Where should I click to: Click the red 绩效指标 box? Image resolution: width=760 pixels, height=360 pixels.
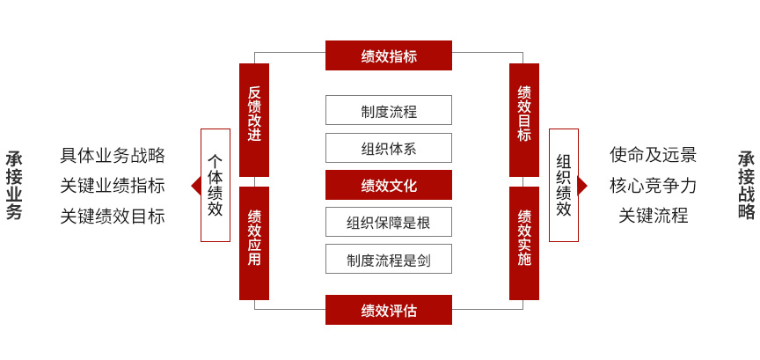(x=389, y=55)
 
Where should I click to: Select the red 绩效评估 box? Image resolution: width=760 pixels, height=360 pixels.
(x=389, y=310)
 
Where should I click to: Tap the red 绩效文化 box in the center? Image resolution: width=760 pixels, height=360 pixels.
(x=389, y=185)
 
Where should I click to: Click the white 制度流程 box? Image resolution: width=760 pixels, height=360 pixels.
(x=389, y=110)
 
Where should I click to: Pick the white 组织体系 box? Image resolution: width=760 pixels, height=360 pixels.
(x=389, y=148)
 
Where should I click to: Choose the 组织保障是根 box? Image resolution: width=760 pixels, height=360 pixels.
(x=389, y=222)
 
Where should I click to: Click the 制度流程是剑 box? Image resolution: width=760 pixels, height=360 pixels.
(x=389, y=259)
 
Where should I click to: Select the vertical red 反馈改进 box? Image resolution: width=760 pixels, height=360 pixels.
(x=254, y=120)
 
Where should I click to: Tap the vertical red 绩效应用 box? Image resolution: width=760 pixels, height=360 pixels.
(x=254, y=243)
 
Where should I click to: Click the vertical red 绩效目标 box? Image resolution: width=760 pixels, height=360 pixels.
(x=524, y=120)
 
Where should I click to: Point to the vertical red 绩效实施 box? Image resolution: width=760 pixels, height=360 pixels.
(x=524, y=243)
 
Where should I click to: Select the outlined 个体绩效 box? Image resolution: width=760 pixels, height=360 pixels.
(x=216, y=185)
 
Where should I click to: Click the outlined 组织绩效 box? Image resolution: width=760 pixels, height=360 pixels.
(x=564, y=185)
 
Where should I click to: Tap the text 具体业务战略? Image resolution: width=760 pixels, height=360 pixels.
(x=113, y=155)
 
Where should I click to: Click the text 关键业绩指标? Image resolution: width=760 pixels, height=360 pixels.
(x=113, y=186)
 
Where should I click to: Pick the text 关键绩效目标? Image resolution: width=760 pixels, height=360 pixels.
(x=113, y=216)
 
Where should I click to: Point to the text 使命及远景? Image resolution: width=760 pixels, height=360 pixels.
(x=653, y=155)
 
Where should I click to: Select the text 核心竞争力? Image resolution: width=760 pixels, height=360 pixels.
(x=653, y=186)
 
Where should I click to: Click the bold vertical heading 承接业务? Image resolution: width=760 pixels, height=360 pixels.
(x=14, y=186)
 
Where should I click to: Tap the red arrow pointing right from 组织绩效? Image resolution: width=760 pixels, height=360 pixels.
(x=583, y=186)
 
